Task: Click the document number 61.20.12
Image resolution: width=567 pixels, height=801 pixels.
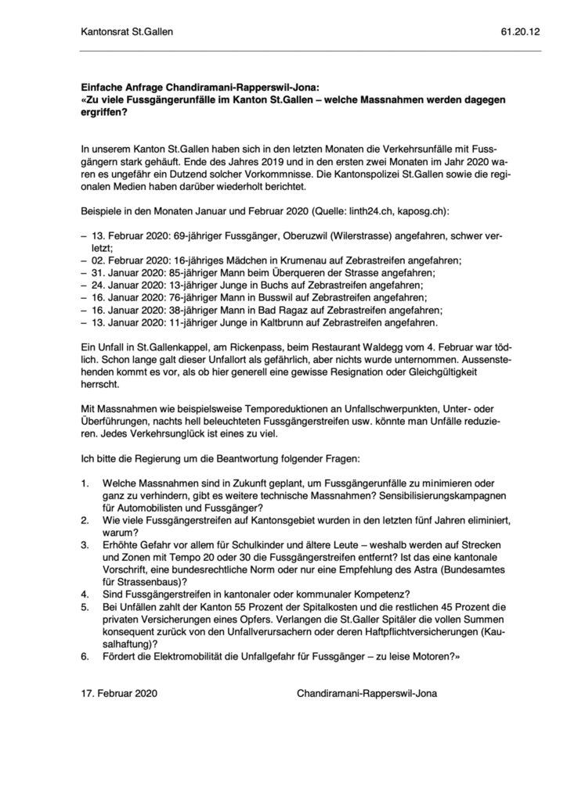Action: pos(520,32)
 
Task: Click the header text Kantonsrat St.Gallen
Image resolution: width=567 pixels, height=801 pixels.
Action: pos(127,32)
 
